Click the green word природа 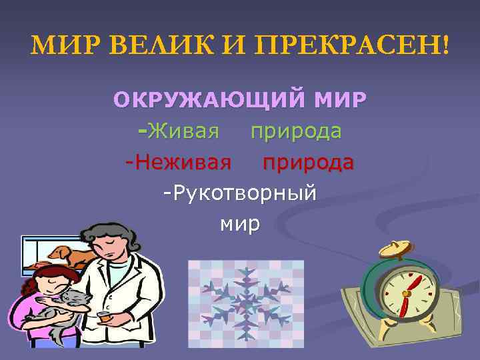[x=296, y=131]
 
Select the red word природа [x=307, y=162]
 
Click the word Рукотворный [x=239, y=193]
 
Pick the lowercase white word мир [x=239, y=223]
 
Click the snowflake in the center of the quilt [x=245, y=299]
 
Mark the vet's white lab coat [x=137, y=293]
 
